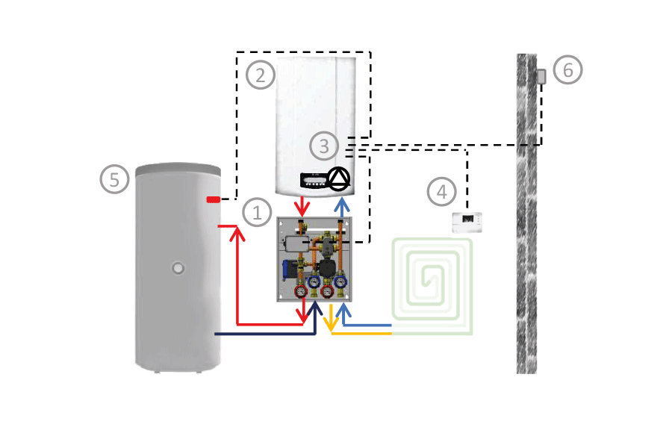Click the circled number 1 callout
[x=258, y=214]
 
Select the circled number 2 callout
[x=260, y=75]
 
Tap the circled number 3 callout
[x=323, y=146]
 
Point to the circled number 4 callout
[x=441, y=191]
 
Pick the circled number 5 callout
[x=114, y=179]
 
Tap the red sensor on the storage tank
[x=214, y=199]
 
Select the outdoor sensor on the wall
[x=541, y=76]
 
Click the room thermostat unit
[x=467, y=220]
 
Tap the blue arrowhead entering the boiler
[x=342, y=204]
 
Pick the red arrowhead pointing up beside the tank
[x=238, y=233]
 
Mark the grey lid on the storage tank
[x=178, y=171]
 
